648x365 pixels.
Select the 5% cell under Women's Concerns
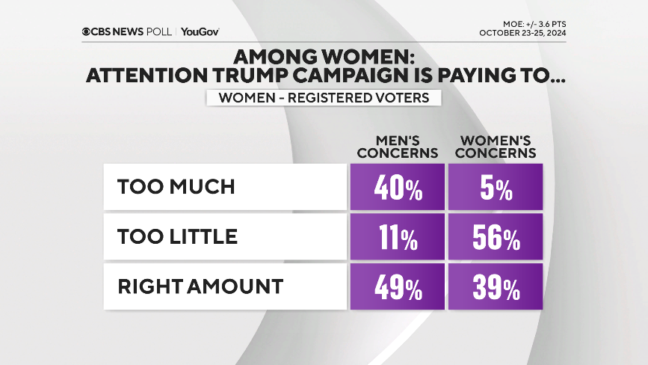495,187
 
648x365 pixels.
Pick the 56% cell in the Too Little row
495,237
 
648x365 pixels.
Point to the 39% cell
495,286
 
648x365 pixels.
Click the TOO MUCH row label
176,187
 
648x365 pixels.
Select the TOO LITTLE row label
177,237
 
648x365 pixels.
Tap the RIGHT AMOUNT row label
200,286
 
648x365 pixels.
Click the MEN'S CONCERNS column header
397,147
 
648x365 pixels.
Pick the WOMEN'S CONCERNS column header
496,147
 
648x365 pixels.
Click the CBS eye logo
87,31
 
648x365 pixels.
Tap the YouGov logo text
200,31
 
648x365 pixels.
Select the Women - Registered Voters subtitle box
323,98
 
